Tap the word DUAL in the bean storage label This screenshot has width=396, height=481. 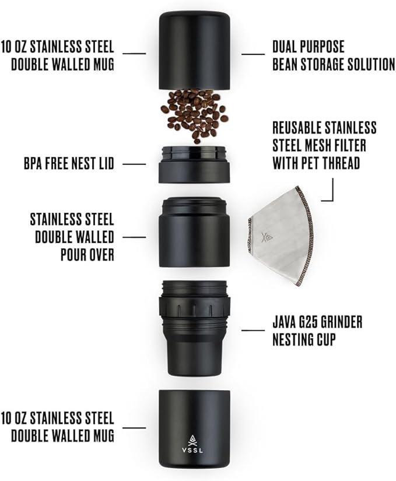(287, 46)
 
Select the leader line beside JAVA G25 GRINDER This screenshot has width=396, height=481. (253, 331)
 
